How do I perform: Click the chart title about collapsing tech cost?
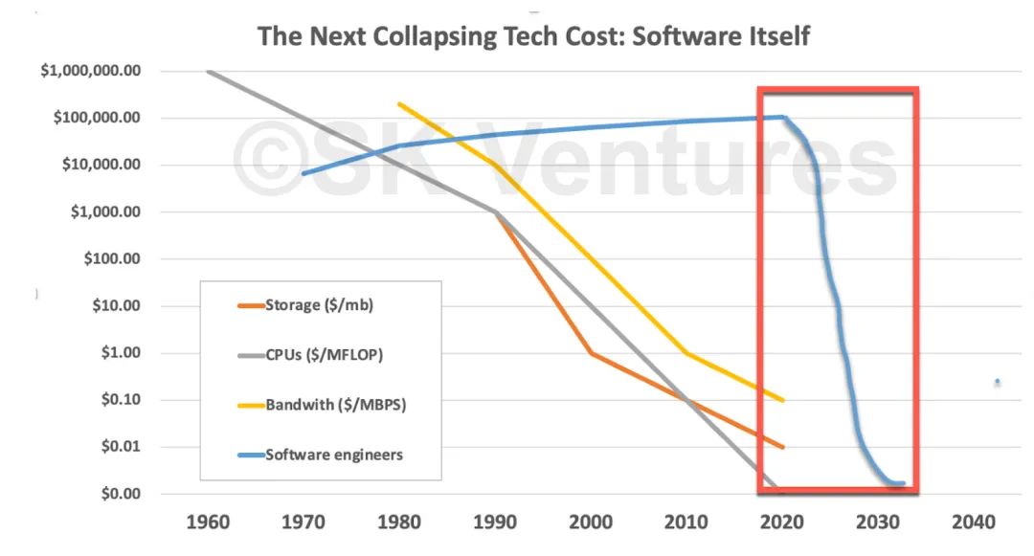(x=533, y=37)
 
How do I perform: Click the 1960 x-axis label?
(x=208, y=523)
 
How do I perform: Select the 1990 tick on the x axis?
(x=495, y=523)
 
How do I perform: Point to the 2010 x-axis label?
(x=687, y=523)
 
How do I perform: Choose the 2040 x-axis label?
(x=975, y=523)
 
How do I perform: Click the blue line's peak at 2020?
(x=783, y=117)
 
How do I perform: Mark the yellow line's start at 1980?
(x=399, y=103)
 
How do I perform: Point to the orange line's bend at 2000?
(x=592, y=353)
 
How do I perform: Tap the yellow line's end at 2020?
(x=783, y=400)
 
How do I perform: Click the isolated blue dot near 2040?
(x=997, y=382)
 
